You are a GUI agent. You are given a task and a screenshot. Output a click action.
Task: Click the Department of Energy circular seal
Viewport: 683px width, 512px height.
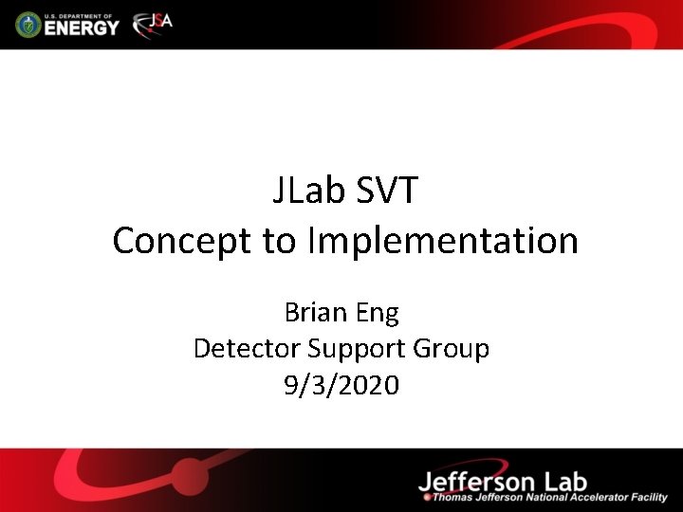click(x=29, y=24)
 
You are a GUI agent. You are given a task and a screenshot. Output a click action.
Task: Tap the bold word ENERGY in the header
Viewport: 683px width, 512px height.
click(x=83, y=27)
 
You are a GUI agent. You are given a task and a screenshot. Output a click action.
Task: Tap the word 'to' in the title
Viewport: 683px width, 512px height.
click(x=280, y=241)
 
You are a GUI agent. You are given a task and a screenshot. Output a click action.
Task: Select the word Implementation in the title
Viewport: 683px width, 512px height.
click(x=442, y=241)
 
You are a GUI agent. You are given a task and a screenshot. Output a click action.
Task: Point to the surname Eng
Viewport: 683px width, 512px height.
click(x=378, y=313)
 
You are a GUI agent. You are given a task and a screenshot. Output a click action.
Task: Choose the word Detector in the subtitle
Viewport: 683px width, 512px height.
click(x=247, y=349)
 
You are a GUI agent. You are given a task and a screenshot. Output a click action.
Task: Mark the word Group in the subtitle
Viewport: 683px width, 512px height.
click(x=452, y=349)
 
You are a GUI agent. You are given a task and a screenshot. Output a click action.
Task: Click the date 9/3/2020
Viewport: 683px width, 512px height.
click(x=341, y=385)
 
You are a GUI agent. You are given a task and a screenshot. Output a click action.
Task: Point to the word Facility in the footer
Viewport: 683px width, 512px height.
click(x=645, y=497)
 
